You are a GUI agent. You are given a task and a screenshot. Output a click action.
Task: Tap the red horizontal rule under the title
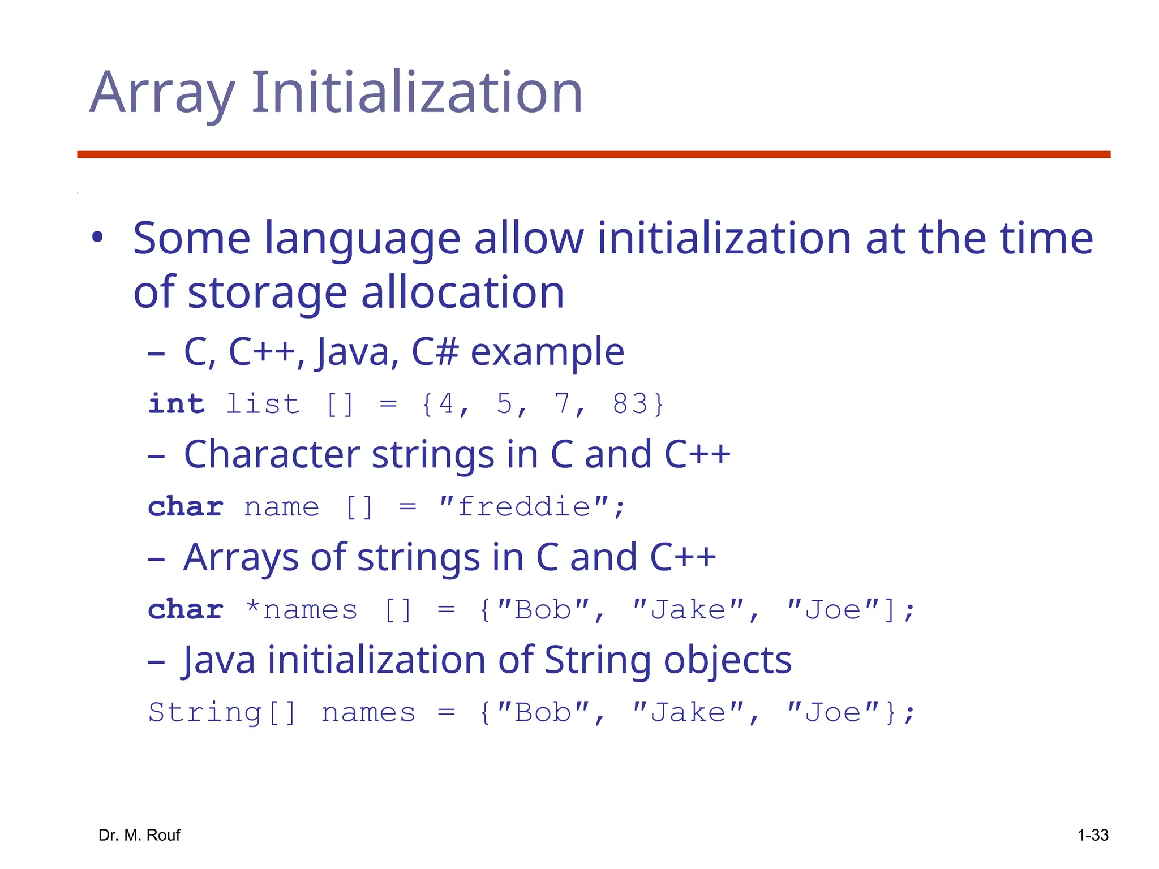click(593, 154)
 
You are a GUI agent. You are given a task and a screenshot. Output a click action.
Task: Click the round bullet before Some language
click(98, 238)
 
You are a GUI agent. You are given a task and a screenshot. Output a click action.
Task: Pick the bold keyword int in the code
click(176, 404)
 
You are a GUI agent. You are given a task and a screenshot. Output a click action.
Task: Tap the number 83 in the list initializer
click(629, 404)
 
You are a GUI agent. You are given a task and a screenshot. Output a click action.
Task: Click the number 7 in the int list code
click(562, 404)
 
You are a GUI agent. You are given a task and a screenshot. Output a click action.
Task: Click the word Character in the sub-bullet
click(272, 454)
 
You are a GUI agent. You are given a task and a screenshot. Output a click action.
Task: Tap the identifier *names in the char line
click(302, 610)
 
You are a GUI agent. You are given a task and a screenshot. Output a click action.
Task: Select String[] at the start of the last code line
click(222, 712)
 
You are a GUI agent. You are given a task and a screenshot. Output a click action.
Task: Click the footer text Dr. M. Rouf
click(139, 835)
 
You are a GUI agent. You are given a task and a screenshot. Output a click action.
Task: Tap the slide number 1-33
click(1092, 835)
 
